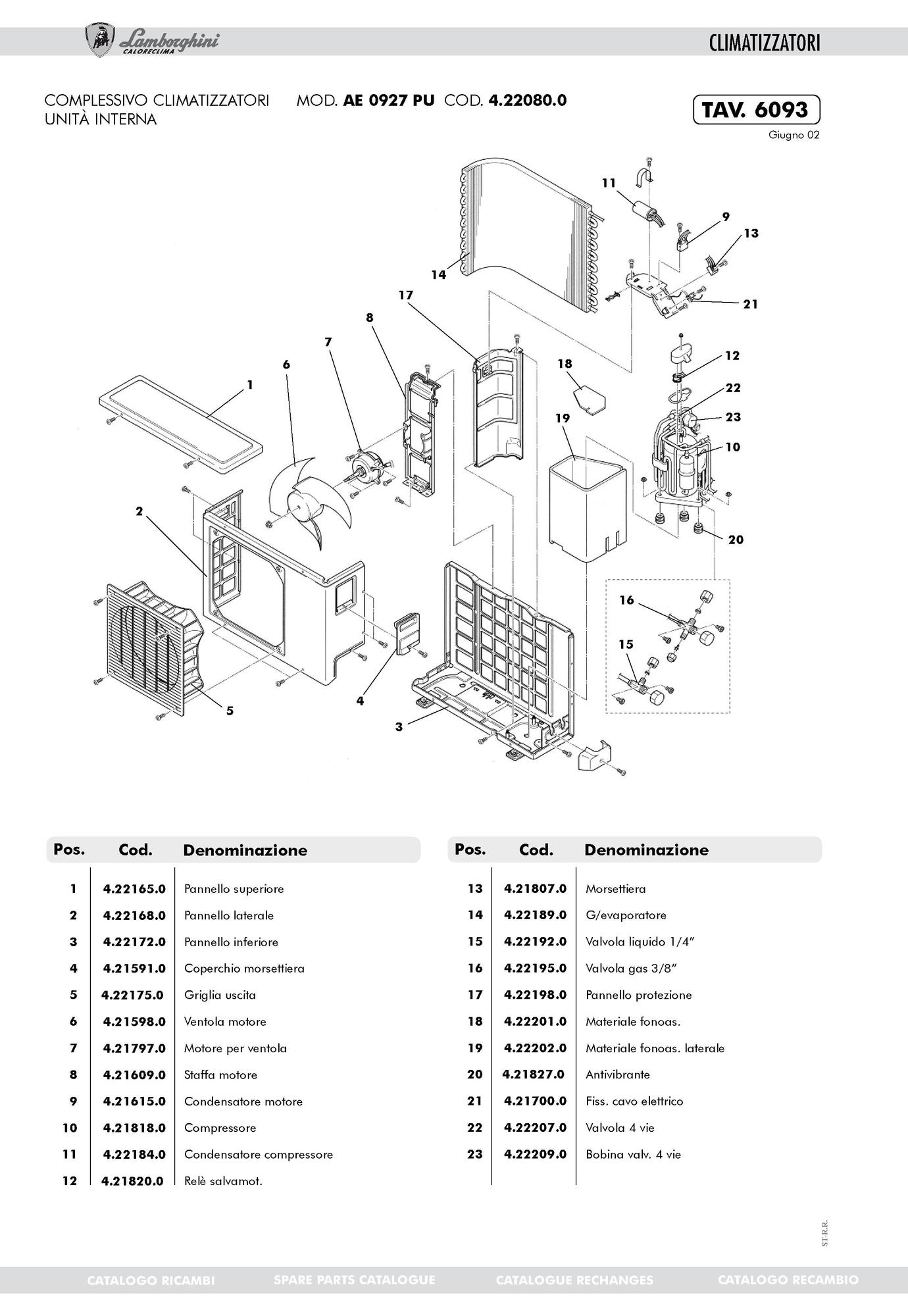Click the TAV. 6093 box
click(x=756, y=110)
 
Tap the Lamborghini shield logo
click(x=100, y=41)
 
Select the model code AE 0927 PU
click(x=388, y=101)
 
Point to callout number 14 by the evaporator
click(x=438, y=275)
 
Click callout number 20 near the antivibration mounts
click(x=736, y=540)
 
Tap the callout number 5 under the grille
click(x=230, y=711)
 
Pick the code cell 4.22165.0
click(x=134, y=889)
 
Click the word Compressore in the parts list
click(x=220, y=1128)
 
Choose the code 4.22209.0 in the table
click(x=535, y=1154)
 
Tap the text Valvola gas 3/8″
click(x=631, y=968)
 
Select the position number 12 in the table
click(x=70, y=1181)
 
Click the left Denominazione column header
click(x=245, y=850)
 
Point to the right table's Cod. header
click(x=536, y=849)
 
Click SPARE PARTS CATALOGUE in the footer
click(x=354, y=1280)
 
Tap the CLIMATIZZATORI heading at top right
click(x=765, y=43)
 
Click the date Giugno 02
click(x=794, y=136)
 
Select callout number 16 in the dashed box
click(x=626, y=600)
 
